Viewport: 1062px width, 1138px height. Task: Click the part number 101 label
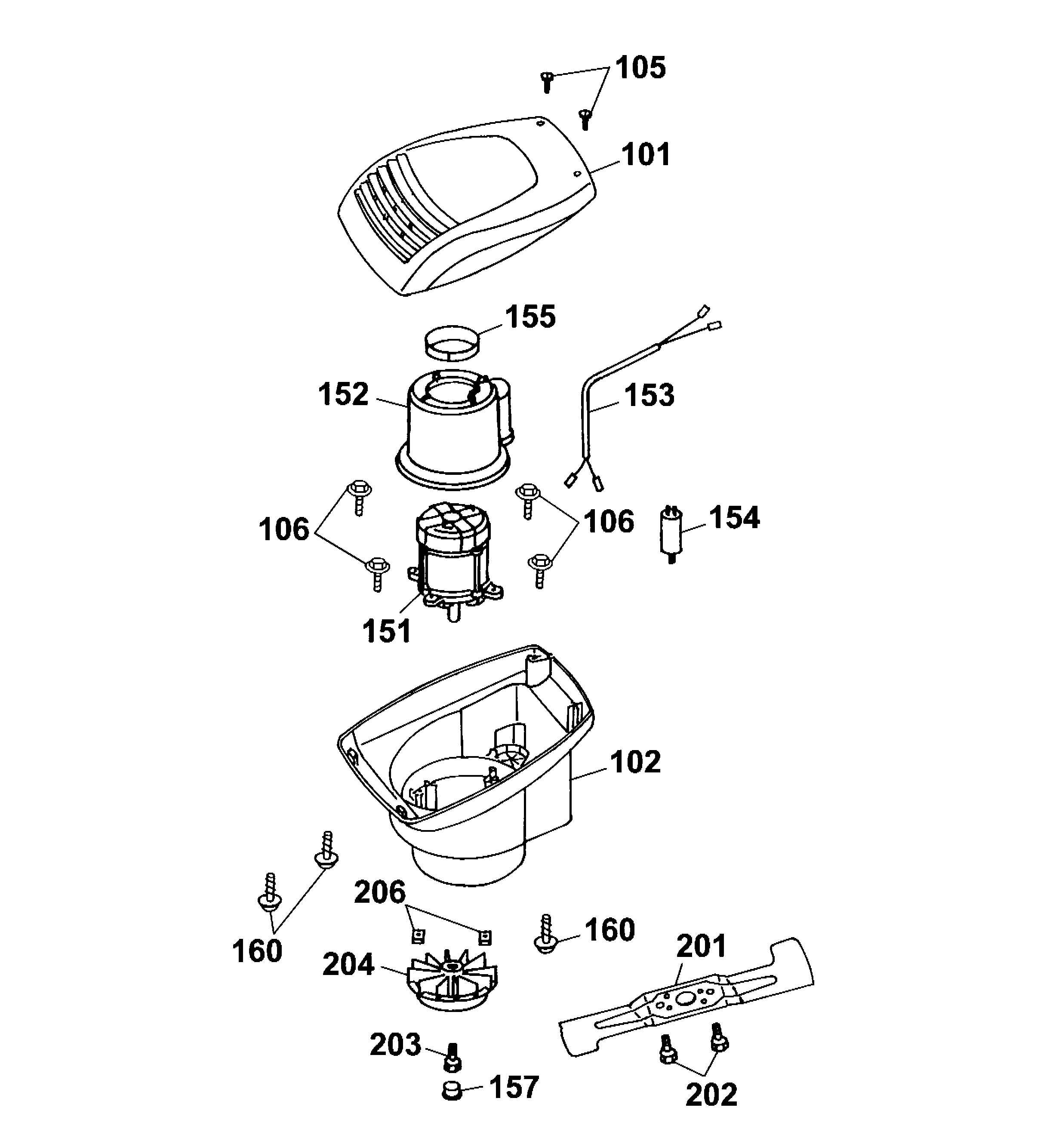pos(646,155)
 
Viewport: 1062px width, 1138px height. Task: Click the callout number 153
pos(649,396)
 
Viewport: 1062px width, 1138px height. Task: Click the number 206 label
pos(379,892)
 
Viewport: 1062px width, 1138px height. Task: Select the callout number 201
pos(701,946)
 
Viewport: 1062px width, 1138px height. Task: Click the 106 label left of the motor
pos(284,529)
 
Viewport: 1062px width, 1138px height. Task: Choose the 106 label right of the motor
pos(609,522)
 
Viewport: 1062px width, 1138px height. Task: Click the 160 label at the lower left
pos(257,951)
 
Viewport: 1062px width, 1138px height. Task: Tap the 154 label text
pos(735,518)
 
